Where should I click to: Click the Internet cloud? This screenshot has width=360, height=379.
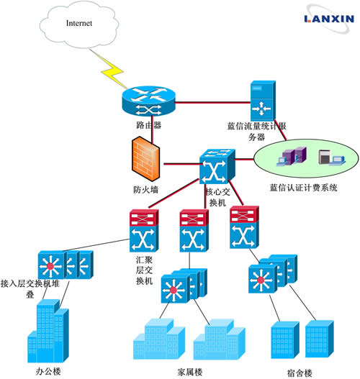pos(79,24)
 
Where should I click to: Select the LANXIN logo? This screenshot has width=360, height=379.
pos(329,19)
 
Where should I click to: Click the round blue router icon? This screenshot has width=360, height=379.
pos(148,101)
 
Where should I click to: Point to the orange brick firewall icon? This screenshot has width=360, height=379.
pos(145,159)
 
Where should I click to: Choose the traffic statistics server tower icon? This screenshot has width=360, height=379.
pos(263,101)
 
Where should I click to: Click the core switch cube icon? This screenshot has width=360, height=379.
pos(217,167)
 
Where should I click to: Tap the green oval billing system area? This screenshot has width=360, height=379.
pos(306,158)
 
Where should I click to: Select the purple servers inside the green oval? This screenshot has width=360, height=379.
pos(292,156)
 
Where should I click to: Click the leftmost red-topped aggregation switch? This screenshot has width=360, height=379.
pos(144,231)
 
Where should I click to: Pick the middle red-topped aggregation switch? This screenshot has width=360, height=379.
pos(194,231)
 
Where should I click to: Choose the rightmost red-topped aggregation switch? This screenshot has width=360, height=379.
pos(244,227)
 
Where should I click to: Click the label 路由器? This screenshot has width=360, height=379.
pos(149,125)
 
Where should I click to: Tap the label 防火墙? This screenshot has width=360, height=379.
pos(146,190)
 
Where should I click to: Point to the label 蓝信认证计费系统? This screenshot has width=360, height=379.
pos(303,188)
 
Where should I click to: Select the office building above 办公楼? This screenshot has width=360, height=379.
pos(48,331)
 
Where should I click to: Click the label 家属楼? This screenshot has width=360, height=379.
pos(190,373)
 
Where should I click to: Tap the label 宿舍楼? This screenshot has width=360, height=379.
pos(300,373)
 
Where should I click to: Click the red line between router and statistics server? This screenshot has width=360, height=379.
pos(212,103)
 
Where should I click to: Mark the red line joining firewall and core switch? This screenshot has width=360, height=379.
pos(181,164)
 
